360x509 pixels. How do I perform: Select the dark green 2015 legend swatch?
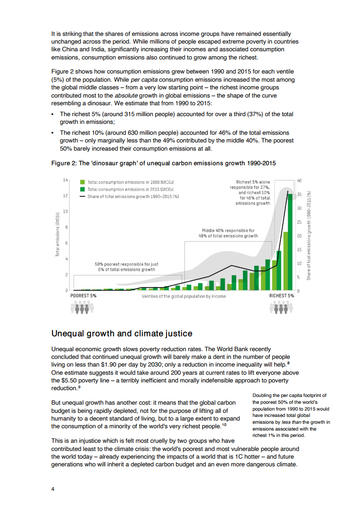pyautogui.click(x=82, y=189)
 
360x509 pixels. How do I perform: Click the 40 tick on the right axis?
pyautogui.click(x=299, y=181)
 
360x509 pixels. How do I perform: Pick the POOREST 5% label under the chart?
pyautogui.click(x=84, y=296)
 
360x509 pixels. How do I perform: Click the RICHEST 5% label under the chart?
pyautogui.click(x=281, y=296)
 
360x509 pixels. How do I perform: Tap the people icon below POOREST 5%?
pyautogui.click(x=82, y=308)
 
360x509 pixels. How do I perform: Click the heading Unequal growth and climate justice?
pyautogui.click(x=122, y=333)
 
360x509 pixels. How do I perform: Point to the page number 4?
pyautogui.click(x=53, y=489)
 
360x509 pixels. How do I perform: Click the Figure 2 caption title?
pyautogui.click(x=163, y=163)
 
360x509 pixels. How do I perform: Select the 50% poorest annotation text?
pyautogui.click(x=127, y=267)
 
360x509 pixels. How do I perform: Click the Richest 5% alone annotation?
pyautogui.click(x=253, y=193)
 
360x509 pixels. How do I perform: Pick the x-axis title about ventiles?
pyautogui.click(x=183, y=296)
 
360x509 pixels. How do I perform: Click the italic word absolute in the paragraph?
pyautogui.click(x=127, y=95)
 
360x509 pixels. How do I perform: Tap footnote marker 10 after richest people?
pyautogui.click(x=224, y=426)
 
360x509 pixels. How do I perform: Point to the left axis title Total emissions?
pyautogui.click(x=58, y=235)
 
